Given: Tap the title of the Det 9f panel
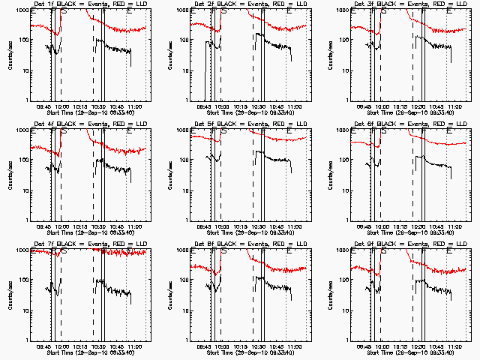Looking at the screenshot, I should coord(411,245).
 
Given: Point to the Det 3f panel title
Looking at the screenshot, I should coord(411,5).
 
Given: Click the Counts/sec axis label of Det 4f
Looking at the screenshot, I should coord(10,174).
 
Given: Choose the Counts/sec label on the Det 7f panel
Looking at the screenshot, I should coord(10,294).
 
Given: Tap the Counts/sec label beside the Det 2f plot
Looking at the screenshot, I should coord(170,54).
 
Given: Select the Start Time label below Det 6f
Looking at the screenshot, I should coord(411,232).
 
